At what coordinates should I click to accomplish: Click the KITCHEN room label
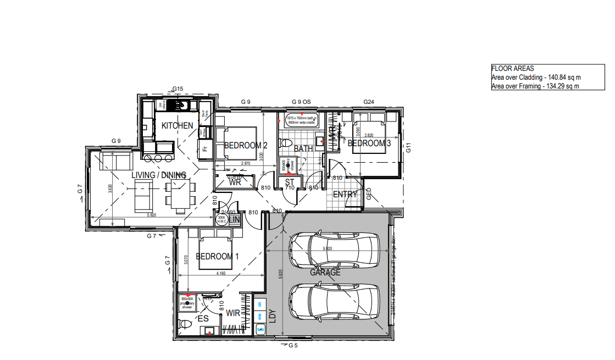tap(177, 125)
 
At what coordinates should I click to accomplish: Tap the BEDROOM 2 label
tap(246, 146)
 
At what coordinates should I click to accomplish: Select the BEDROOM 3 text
tap(369, 143)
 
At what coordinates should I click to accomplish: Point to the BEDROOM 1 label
tap(217, 257)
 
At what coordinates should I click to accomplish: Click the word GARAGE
tap(325, 272)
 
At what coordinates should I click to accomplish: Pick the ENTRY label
tap(345, 195)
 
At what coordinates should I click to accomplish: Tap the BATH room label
tap(303, 149)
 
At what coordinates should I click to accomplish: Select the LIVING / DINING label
tap(158, 175)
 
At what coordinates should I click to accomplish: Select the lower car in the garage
tap(334, 301)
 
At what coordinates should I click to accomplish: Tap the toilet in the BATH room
tap(285, 143)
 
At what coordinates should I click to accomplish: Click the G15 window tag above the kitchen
tap(177, 88)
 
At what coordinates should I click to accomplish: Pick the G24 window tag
tap(369, 102)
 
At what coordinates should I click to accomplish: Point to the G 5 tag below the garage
tap(292, 345)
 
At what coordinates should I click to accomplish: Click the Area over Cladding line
tap(536, 77)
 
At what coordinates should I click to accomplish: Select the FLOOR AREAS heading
tap(512, 69)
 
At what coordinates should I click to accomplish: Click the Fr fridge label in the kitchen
tap(204, 149)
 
